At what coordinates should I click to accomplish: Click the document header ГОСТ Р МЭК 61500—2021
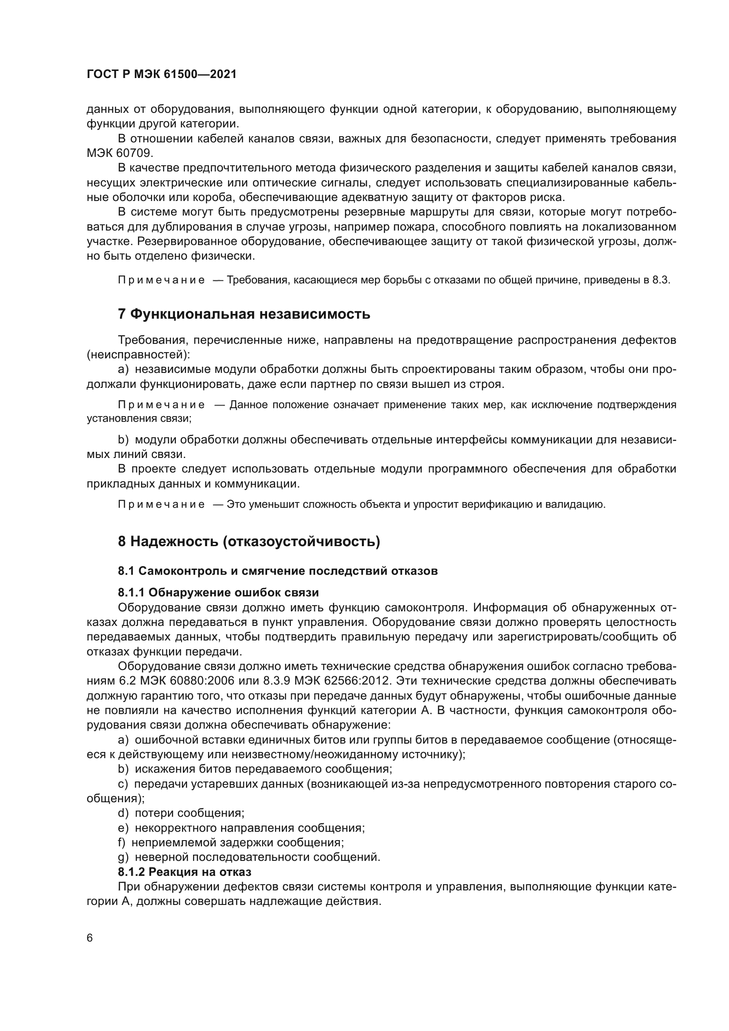click(161, 74)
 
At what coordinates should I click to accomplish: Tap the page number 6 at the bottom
click(90, 938)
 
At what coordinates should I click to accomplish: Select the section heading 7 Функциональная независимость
click(244, 314)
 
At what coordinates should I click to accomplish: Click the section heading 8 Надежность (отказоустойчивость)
click(249, 542)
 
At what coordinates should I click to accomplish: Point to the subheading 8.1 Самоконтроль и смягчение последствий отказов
click(277, 571)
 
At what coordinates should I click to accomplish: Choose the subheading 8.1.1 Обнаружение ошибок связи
click(218, 593)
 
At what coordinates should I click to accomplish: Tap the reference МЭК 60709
click(119, 153)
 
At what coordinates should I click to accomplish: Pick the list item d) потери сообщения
click(181, 813)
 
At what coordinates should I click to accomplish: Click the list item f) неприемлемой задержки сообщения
click(231, 842)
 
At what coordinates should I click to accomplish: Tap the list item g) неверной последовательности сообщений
click(249, 857)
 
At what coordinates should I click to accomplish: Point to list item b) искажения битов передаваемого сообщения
click(254, 769)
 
